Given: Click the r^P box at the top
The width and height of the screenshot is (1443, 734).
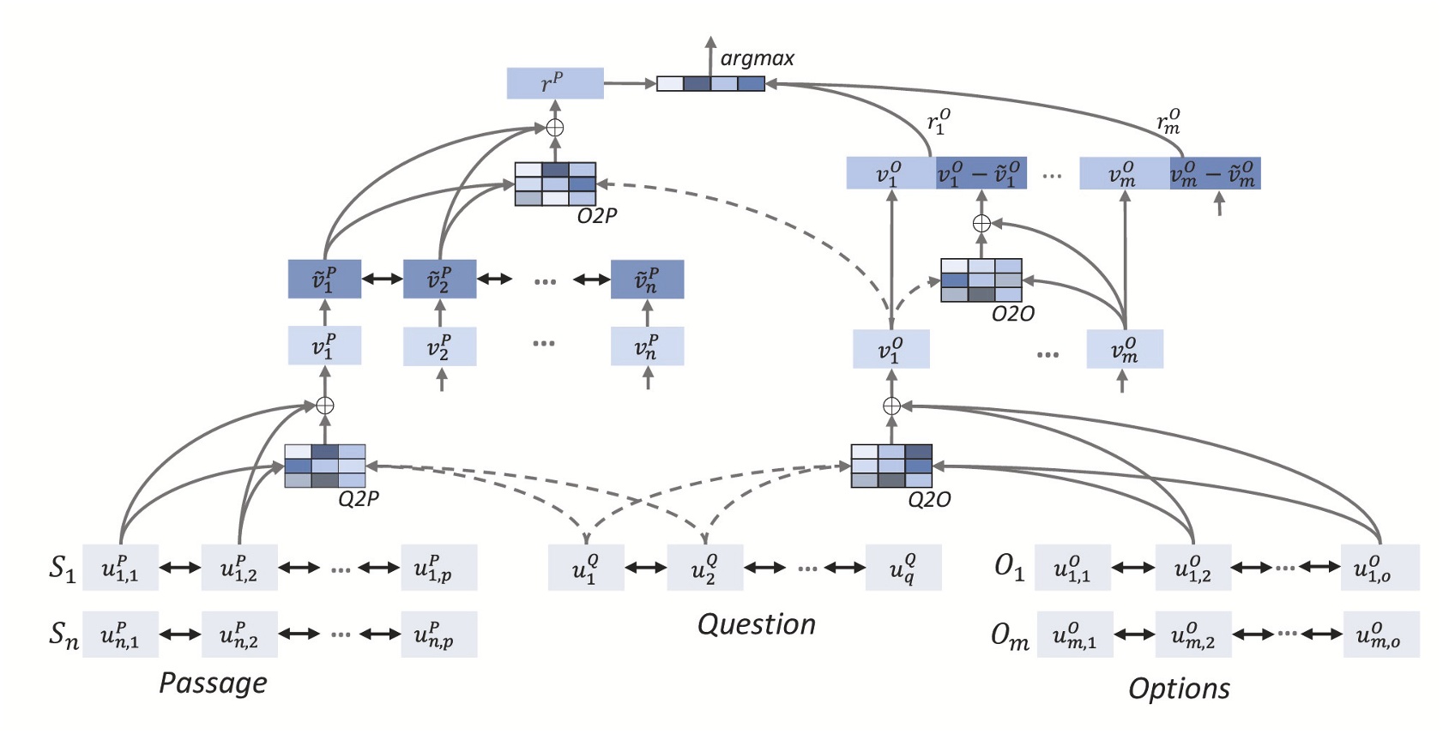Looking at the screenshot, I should pos(554,83).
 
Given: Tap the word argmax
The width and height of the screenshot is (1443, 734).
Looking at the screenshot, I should pos(757,58).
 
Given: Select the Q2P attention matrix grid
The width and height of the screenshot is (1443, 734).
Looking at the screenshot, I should pos(325,466).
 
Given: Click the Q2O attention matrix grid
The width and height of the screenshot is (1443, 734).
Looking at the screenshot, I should pos(891,466).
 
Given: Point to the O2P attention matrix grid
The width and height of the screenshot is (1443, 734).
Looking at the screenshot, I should pos(555,183).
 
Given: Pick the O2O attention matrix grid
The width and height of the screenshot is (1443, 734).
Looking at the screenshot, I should pos(981,280).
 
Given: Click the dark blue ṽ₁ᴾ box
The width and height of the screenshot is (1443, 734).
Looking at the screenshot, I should pos(324,280).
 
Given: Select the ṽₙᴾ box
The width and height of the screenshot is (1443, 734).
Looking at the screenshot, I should pos(647,280).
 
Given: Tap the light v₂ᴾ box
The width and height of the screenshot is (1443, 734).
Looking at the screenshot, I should pos(439,346).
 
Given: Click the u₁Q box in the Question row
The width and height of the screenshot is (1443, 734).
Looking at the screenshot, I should pos(586,568).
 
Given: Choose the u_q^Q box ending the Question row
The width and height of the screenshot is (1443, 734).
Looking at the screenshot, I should pos(903,568).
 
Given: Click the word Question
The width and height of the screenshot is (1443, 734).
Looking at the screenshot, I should pos(756,624).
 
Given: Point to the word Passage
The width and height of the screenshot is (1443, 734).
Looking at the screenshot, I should pos(213,683).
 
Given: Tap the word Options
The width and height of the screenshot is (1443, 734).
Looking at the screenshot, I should pos(1179,688).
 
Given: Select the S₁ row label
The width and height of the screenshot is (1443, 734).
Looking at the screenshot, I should pos(62,568).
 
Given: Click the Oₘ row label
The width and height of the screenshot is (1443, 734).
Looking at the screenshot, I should pos(1010,635).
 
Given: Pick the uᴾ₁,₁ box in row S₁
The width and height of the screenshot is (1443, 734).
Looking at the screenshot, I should pos(120,568).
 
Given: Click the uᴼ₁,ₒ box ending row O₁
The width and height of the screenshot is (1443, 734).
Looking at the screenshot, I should pos(1380,568).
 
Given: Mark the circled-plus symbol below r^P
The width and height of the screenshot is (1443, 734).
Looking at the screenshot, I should pos(555,128).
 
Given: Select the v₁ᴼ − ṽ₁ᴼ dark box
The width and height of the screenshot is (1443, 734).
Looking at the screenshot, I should pos(981,173).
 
